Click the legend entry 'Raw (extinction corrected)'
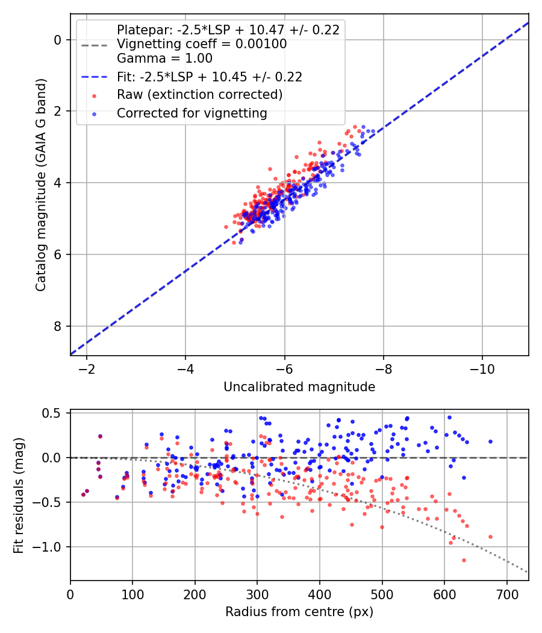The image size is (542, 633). [x=199, y=95]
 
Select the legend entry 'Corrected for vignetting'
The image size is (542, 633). [x=192, y=113]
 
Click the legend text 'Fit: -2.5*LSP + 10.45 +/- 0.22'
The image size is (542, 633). [x=210, y=77]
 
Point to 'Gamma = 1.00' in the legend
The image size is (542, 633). [x=164, y=58]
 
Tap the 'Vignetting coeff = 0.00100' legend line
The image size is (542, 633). [x=202, y=44]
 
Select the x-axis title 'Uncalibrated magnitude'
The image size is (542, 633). [x=299, y=387]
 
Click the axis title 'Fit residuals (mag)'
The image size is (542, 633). [x=19, y=495]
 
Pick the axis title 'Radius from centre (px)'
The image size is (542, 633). [x=299, y=612]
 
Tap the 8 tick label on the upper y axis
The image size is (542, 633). [x=58, y=326]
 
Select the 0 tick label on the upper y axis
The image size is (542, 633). [x=58, y=40]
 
